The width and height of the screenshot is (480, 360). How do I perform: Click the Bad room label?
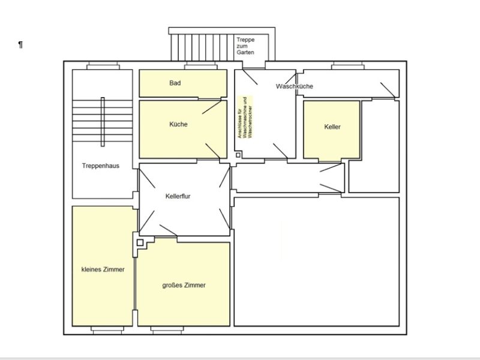point(175,83)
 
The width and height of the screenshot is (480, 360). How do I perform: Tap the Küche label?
point(178,124)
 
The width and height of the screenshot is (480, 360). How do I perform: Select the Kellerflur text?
point(178,196)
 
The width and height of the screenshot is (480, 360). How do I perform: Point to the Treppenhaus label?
point(101,166)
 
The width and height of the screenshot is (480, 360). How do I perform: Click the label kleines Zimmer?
point(103,269)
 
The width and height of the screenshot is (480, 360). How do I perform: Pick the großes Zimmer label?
point(184,286)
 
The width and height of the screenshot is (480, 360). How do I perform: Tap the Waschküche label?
point(294,86)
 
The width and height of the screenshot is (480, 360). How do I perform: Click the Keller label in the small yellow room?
point(332,127)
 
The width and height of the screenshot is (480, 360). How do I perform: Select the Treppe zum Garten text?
point(245,46)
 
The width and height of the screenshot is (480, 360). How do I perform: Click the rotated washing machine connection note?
point(245,117)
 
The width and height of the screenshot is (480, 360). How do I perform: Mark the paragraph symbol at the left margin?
point(20,44)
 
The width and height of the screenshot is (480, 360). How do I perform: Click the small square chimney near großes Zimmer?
point(140,242)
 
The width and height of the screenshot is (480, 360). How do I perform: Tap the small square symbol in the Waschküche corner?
point(238,155)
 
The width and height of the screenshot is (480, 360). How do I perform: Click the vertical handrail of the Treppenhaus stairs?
point(103,122)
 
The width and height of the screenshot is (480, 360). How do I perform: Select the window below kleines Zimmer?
point(107,330)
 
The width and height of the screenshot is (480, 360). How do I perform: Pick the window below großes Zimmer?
point(167,330)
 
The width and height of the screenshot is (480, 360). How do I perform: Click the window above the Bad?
point(200,65)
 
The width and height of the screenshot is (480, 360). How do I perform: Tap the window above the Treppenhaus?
point(103,65)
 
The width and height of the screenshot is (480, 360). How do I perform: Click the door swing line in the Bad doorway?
point(212,107)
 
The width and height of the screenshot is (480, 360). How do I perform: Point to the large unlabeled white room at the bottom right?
point(317,262)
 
